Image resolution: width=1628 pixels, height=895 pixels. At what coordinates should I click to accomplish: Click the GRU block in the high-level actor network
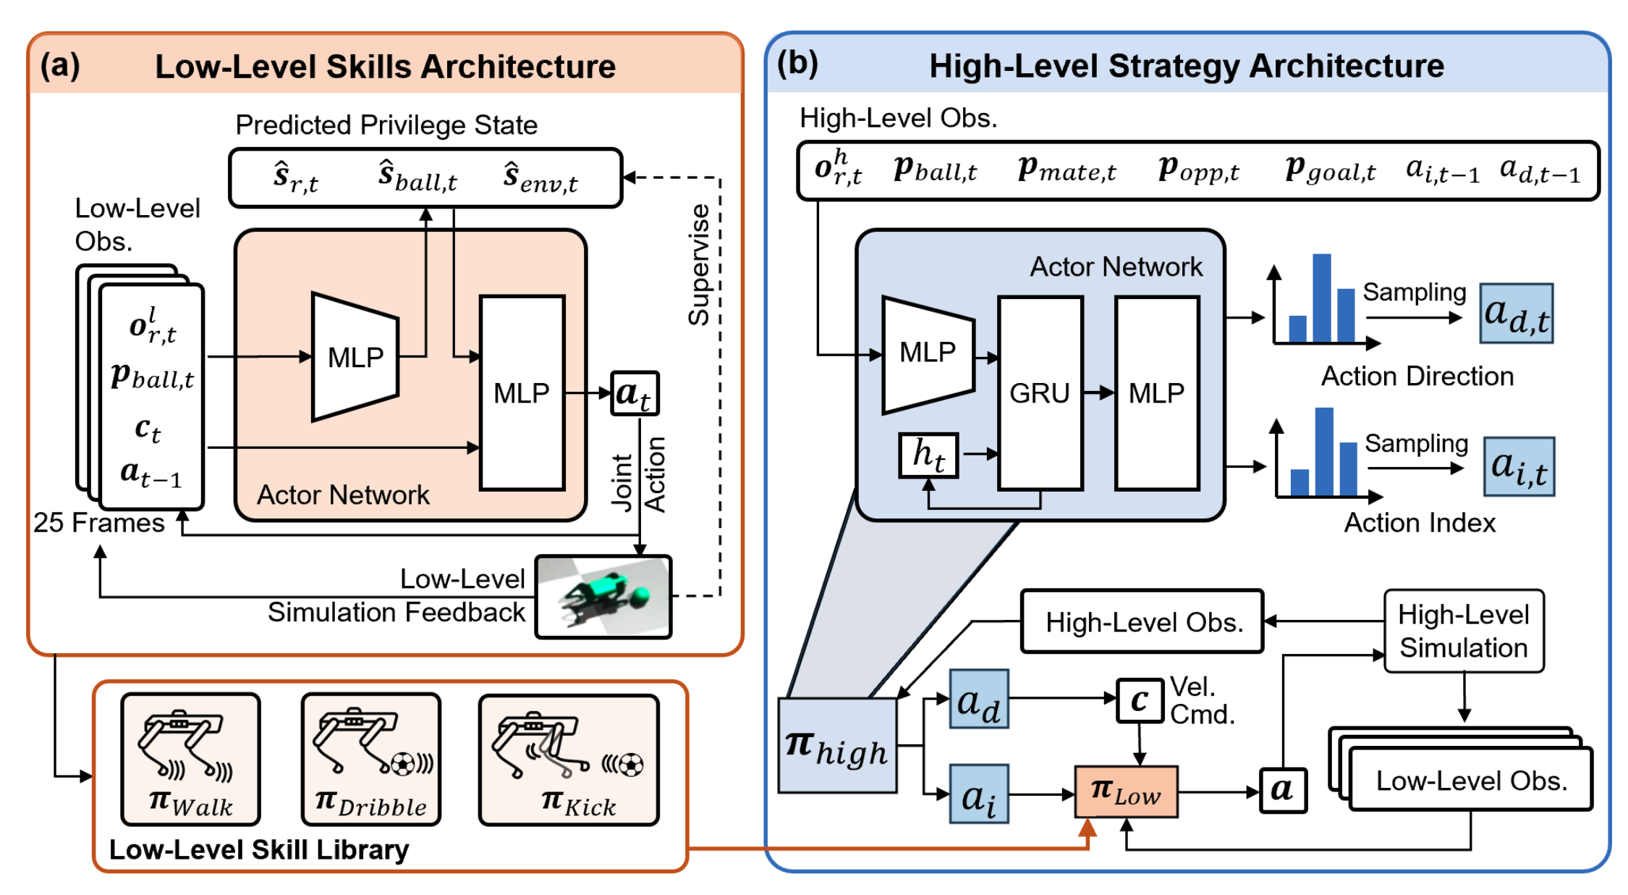click(1040, 392)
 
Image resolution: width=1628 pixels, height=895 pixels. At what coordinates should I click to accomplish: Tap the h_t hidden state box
click(928, 455)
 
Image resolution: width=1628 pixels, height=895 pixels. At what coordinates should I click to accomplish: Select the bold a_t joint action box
click(635, 393)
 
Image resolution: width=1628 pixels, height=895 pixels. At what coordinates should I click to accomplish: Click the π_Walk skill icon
click(190, 758)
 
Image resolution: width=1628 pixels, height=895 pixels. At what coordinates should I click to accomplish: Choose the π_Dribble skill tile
click(371, 758)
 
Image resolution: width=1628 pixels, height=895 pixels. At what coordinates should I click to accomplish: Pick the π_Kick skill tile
click(569, 758)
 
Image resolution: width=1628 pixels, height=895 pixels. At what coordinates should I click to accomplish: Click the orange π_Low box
click(1126, 791)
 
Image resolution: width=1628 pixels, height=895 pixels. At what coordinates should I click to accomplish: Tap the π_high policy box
click(837, 746)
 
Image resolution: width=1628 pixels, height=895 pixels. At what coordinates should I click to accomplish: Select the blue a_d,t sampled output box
click(1516, 313)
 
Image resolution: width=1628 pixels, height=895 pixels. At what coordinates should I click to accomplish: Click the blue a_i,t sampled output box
click(1519, 466)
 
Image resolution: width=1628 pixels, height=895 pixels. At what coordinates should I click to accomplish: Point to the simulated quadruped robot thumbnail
click(603, 597)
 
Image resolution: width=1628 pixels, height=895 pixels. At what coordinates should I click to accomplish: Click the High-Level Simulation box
click(1463, 631)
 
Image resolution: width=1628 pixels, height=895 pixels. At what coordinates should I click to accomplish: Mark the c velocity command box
click(1140, 700)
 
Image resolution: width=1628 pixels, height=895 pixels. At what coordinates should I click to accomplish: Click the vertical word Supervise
click(698, 265)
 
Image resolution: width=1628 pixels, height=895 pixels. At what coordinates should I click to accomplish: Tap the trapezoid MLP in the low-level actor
click(355, 356)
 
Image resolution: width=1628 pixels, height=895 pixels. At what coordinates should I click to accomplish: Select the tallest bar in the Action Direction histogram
click(1322, 298)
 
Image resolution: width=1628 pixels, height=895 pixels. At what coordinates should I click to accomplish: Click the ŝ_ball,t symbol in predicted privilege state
click(417, 177)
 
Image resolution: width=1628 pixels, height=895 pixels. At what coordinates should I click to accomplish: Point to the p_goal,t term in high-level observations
click(1330, 169)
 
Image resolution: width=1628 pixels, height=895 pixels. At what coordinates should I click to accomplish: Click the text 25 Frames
click(99, 523)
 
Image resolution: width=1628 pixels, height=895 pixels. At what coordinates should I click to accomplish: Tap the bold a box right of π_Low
click(1283, 790)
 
